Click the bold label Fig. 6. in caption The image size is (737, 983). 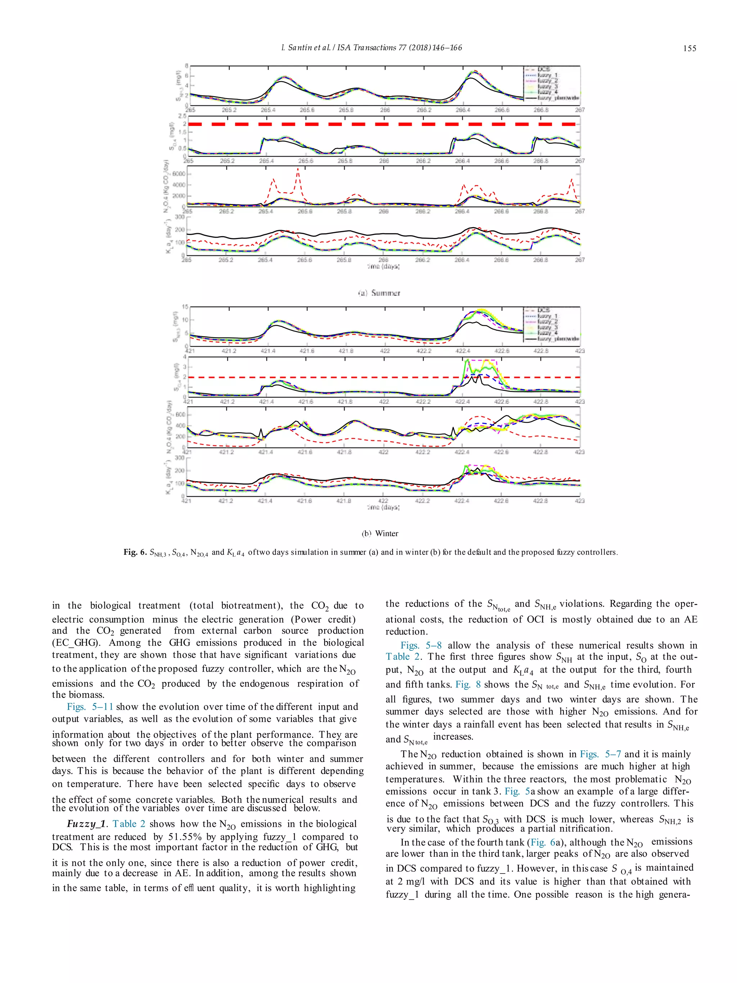(135, 553)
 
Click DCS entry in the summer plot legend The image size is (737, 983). (544, 69)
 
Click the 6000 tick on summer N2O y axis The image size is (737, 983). (178, 174)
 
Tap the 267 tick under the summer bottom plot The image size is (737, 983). (580, 260)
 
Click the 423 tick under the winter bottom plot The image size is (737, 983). (580, 501)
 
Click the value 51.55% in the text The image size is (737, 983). (185, 837)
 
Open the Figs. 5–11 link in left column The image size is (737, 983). (90, 707)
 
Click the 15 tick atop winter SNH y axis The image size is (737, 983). (185, 307)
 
